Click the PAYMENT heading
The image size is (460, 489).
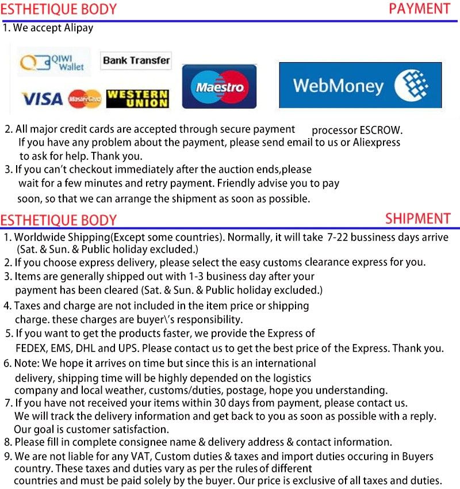(x=419, y=9)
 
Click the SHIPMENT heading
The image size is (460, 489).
(x=417, y=219)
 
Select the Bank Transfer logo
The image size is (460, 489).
(x=136, y=60)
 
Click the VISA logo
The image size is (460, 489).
(x=42, y=99)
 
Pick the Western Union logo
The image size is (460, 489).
(x=137, y=99)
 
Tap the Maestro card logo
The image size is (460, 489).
(x=219, y=87)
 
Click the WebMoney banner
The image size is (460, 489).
(x=360, y=85)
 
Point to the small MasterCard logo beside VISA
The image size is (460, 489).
(x=85, y=99)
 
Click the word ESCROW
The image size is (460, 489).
(x=381, y=131)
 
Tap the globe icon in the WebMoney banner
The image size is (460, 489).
(x=411, y=85)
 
